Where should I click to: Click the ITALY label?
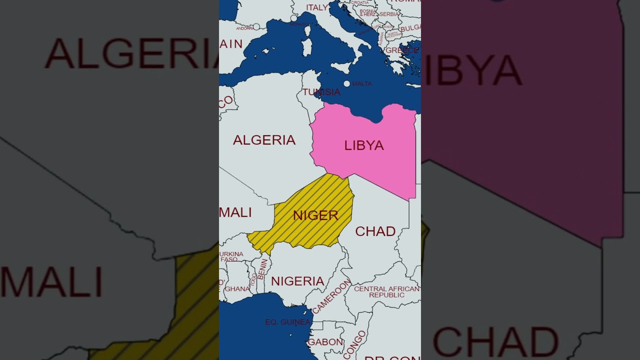point(317,7)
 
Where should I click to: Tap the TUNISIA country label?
point(321,92)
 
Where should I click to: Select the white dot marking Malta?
point(346,83)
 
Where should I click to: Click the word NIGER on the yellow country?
point(315,215)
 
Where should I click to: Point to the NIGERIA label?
point(297,281)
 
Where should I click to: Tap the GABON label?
point(325,342)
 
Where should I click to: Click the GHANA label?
point(237,289)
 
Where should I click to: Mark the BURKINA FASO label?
point(231,256)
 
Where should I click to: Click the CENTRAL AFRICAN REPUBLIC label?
point(386,292)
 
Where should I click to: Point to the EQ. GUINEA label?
point(288,322)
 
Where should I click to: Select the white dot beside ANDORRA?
point(256,26)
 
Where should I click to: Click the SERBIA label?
point(389,14)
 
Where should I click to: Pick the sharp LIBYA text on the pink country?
point(364,145)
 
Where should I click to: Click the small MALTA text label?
point(362,83)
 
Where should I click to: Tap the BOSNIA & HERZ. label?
point(368,12)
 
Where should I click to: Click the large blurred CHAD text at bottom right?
point(495,342)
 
